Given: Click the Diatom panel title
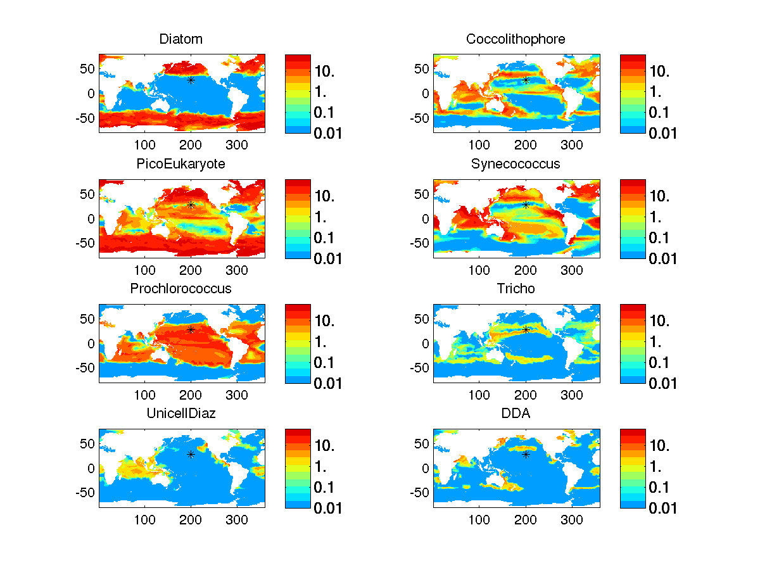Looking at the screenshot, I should point(181,39).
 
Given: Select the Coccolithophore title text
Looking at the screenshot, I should point(516,39).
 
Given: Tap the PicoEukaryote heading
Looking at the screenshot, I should point(181,164).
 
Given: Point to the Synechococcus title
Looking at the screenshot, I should point(516,164).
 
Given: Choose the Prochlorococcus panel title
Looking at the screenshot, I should point(181,289).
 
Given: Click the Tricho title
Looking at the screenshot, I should point(516,289).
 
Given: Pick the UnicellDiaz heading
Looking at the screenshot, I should point(181,414).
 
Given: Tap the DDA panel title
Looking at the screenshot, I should point(516,414).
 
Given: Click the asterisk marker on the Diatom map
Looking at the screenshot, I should point(191,80).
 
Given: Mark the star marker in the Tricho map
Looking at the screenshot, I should point(526,329).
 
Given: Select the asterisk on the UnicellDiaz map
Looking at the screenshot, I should point(191,454).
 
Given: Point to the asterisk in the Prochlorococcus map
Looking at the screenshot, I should point(191,329).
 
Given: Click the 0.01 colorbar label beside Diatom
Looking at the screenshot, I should point(327,133).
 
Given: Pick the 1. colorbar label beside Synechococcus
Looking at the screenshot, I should point(658,217).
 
